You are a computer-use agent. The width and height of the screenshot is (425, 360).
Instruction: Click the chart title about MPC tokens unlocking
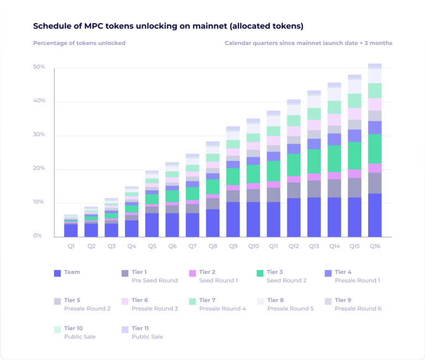(x=168, y=26)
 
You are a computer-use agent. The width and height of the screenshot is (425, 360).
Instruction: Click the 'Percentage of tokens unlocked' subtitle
(x=79, y=43)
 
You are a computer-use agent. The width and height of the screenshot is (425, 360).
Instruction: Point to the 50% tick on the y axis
(x=39, y=67)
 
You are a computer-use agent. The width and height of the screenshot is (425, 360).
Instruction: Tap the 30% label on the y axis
(x=39, y=135)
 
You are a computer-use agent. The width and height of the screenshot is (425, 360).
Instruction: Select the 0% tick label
(x=37, y=236)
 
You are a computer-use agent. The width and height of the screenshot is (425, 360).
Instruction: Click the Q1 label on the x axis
(x=70, y=246)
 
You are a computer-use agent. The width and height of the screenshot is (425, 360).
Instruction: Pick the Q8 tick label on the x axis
(x=212, y=246)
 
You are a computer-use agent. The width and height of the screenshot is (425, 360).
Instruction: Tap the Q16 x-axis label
(x=375, y=246)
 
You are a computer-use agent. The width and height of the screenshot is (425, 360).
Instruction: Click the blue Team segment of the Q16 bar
(x=375, y=215)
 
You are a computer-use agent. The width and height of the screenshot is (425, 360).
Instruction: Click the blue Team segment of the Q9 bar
(x=233, y=220)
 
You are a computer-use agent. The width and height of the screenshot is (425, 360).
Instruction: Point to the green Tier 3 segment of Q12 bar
(x=294, y=165)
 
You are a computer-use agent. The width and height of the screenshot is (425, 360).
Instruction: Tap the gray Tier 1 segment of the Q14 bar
(x=334, y=188)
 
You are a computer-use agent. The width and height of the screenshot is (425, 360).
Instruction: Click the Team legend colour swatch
(x=57, y=273)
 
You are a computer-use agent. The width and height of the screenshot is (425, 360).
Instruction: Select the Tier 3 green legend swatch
(x=260, y=273)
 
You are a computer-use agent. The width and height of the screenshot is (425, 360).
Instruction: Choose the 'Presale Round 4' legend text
(x=222, y=308)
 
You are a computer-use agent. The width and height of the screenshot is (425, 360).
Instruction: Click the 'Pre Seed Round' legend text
(x=154, y=280)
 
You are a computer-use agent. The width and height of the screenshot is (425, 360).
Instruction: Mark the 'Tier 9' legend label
(x=344, y=300)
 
